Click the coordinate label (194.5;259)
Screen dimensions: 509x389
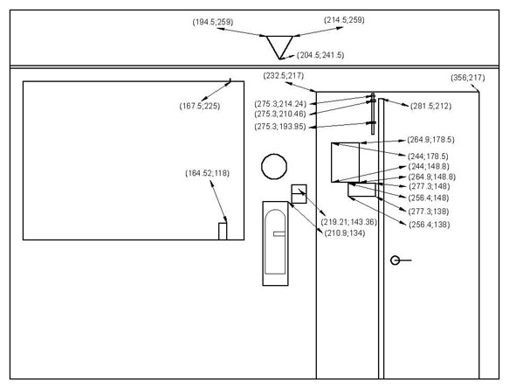click(213, 22)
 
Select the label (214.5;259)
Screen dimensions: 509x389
click(344, 20)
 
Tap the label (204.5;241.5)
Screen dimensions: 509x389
click(320, 55)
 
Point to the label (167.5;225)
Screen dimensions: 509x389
click(200, 106)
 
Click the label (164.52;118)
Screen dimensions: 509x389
click(208, 173)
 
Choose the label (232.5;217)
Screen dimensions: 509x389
click(284, 76)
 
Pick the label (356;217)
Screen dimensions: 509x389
click(468, 78)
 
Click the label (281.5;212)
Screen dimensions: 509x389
click(430, 106)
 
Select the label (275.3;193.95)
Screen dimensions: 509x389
click(280, 127)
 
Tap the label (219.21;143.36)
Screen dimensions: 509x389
click(349, 222)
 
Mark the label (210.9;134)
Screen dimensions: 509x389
click(345, 233)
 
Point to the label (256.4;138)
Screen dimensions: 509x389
click(430, 225)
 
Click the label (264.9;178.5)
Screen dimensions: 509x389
click(430, 140)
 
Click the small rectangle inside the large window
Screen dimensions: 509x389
click(223, 232)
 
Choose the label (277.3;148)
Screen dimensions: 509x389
click(430, 186)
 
